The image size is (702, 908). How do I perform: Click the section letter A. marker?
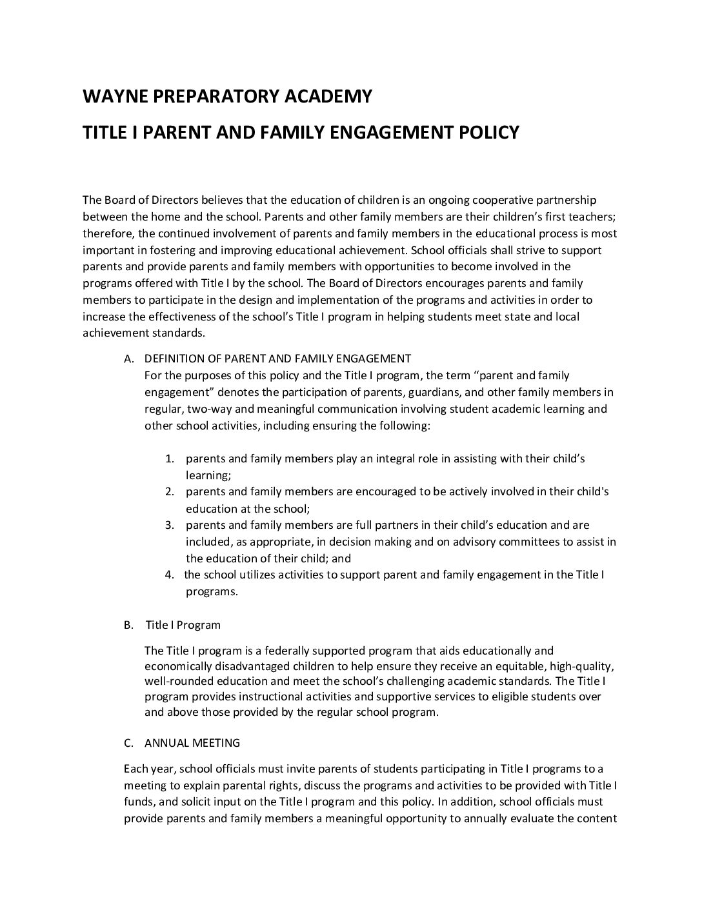128,359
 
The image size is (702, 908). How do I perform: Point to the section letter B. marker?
128,625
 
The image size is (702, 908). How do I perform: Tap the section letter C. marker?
128,743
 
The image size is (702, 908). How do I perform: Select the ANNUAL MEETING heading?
192,743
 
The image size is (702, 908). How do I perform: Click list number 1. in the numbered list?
170,459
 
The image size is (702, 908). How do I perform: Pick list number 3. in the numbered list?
170,525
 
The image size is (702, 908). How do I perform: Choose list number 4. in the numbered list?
170,575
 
